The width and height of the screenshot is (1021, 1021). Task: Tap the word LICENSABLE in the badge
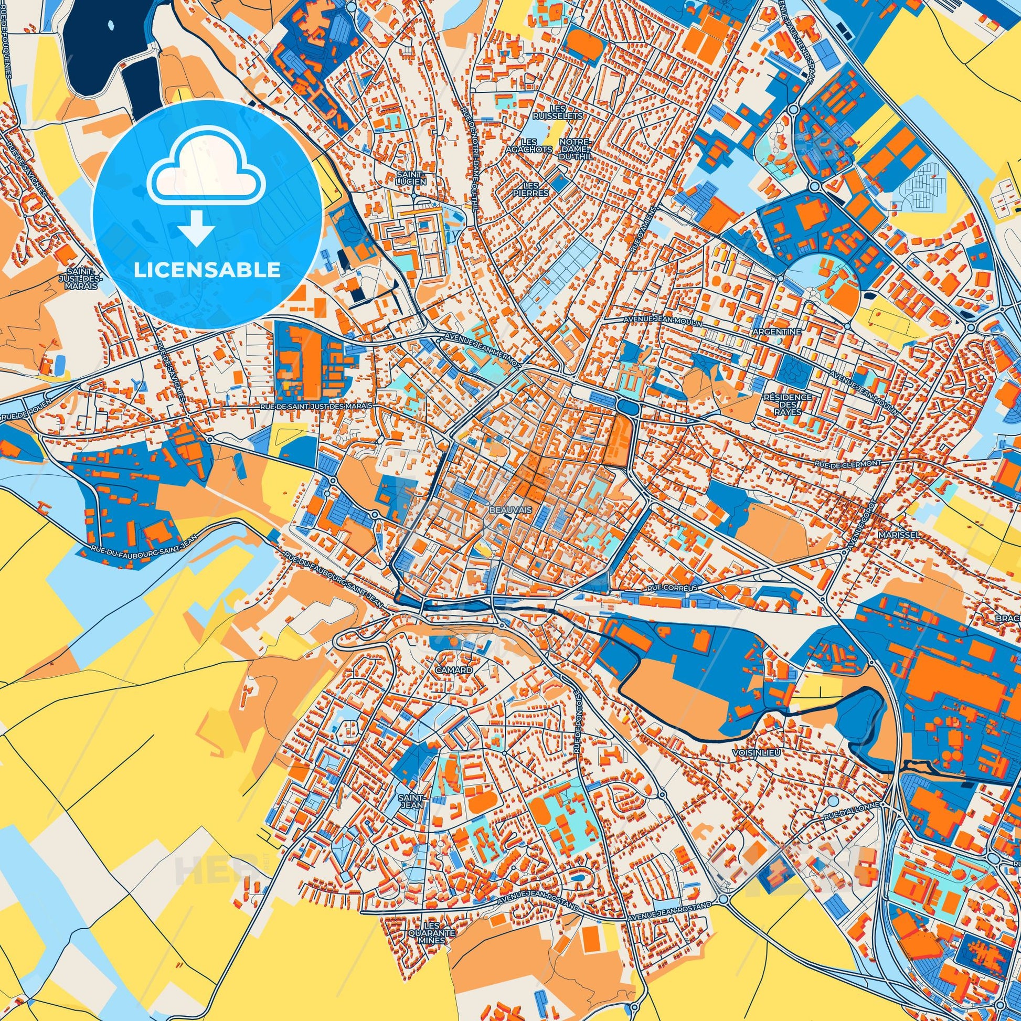point(207,270)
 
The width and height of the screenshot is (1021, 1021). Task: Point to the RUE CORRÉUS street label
point(672,587)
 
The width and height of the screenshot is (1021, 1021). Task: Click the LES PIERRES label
point(534,189)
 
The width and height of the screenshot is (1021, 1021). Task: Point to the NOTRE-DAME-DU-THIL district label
point(577,150)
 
